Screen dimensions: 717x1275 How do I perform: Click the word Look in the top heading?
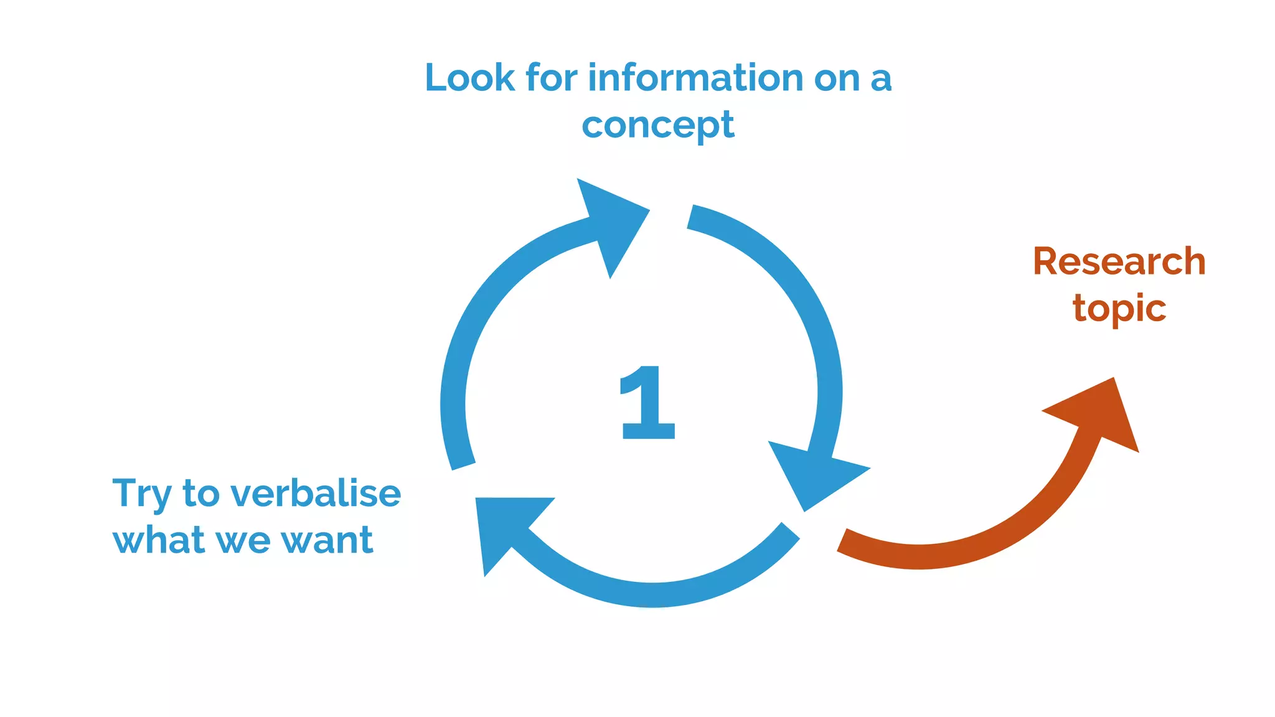click(470, 78)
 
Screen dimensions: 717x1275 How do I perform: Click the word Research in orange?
click(1119, 261)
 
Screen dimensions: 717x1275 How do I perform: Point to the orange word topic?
click(1119, 309)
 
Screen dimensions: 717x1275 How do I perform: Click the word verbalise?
click(316, 494)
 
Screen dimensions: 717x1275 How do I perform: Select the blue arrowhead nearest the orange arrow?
click(812, 474)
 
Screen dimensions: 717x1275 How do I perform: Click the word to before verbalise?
click(200, 494)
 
